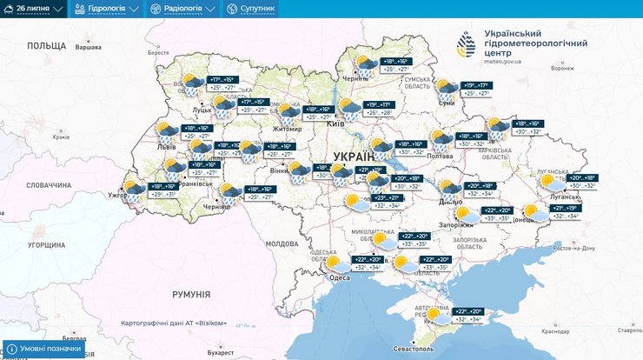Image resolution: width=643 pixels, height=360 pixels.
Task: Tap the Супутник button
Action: point(251,9)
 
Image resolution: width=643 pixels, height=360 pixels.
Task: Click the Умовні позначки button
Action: point(48,350)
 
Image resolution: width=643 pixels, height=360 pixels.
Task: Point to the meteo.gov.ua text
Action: point(499,62)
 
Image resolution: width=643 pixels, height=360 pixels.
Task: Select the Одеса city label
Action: point(340,277)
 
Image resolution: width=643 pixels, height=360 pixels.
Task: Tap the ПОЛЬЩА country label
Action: point(46,45)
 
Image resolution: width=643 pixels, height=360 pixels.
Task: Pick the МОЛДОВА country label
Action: point(282,243)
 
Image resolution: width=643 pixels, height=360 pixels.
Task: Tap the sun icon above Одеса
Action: point(333,262)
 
